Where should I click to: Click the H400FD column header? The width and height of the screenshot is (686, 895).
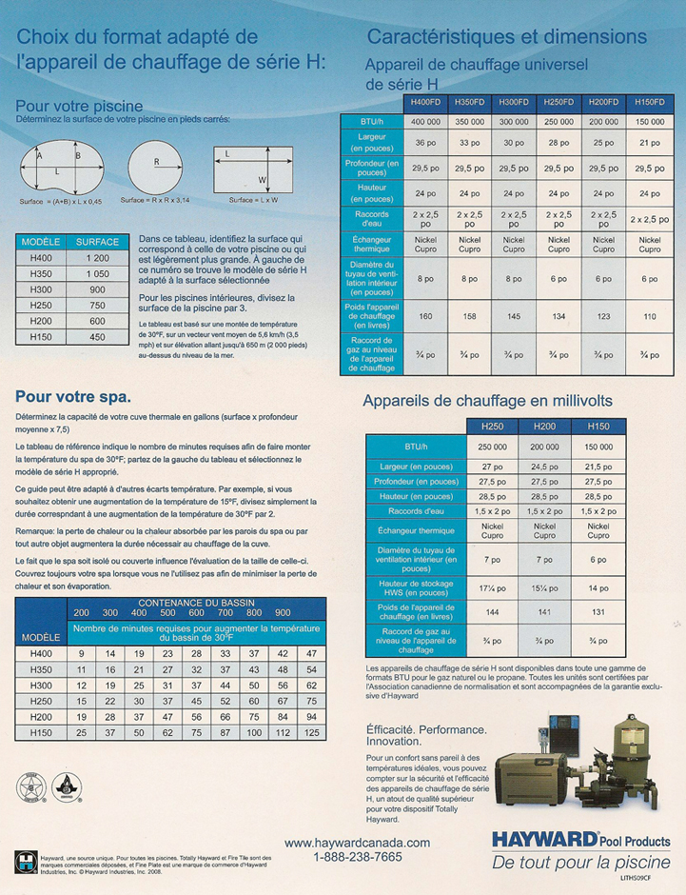tap(424, 102)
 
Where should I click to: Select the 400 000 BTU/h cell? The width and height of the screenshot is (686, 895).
tap(424, 122)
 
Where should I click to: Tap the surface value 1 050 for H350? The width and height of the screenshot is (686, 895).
tap(98, 274)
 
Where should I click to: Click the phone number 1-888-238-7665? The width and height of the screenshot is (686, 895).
tap(357, 857)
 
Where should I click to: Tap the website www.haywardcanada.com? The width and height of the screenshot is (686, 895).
tap(357, 843)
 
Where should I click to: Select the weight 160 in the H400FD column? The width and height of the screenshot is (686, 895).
tap(424, 316)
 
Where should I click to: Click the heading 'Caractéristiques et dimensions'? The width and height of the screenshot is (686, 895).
tap(506, 37)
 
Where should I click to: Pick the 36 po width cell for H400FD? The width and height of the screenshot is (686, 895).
tap(424, 144)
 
